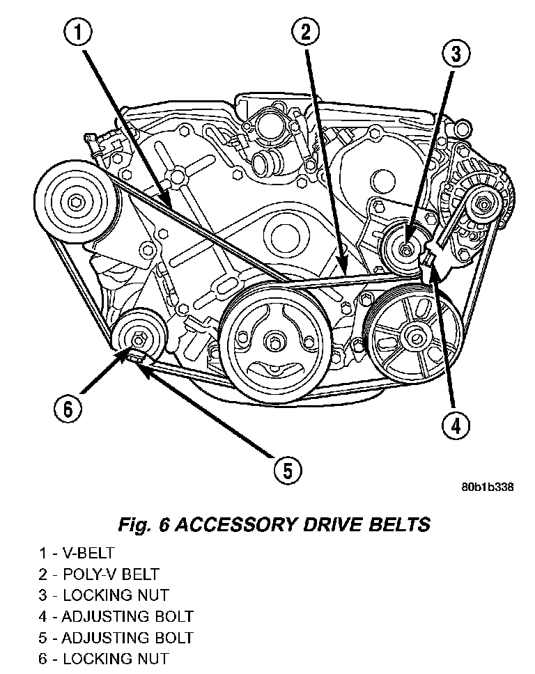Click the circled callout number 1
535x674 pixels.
(x=79, y=32)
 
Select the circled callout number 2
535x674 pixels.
(x=307, y=32)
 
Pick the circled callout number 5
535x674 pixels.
(x=287, y=470)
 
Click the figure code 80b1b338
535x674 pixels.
(x=487, y=487)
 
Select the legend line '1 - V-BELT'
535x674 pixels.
(x=77, y=553)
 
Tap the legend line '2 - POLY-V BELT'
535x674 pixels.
(x=99, y=574)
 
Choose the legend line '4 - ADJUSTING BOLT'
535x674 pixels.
(x=116, y=616)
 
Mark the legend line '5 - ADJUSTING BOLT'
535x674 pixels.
(x=116, y=637)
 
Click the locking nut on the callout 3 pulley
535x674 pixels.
(x=407, y=244)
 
